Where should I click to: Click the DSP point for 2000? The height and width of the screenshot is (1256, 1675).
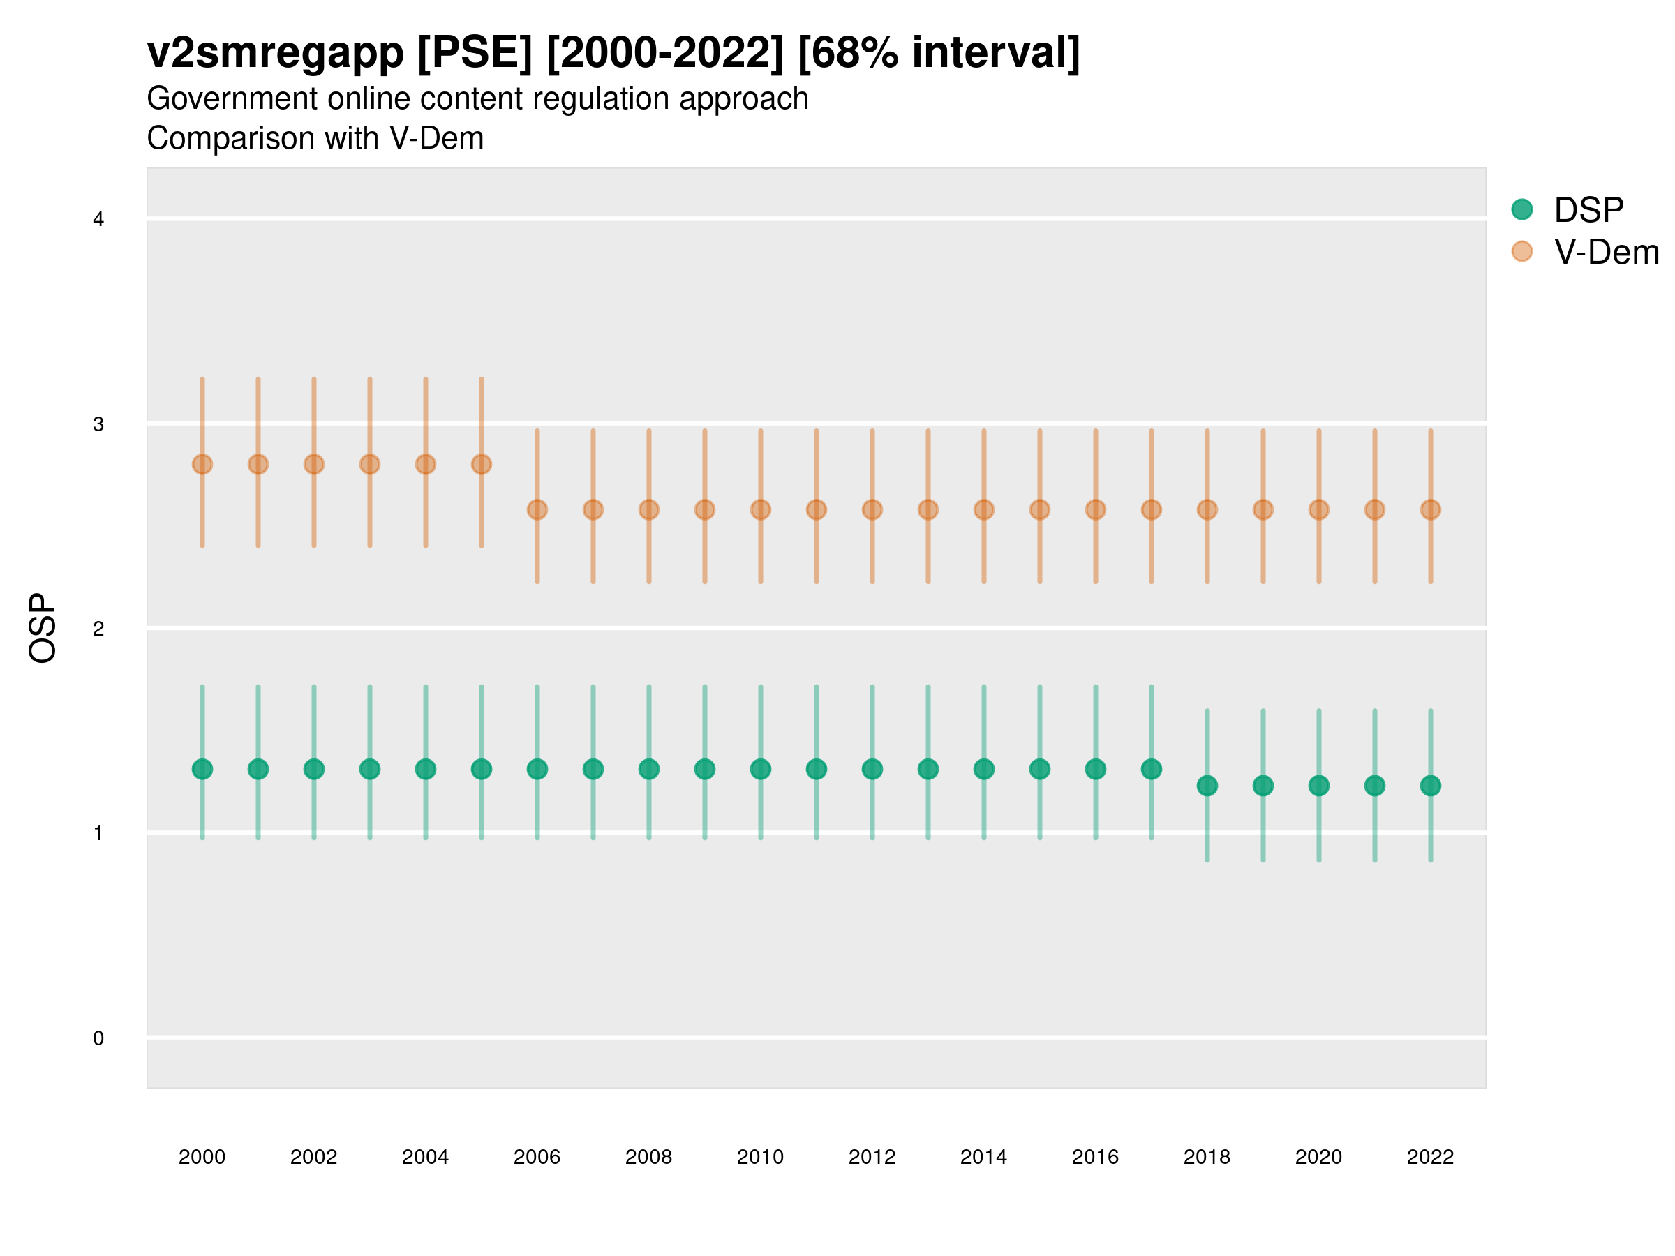coord(202,769)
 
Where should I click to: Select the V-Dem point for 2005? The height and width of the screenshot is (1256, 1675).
coord(482,464)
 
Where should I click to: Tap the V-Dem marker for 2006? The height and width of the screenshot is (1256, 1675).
coord(537,509)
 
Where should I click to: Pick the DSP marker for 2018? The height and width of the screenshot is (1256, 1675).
coord(1207,786)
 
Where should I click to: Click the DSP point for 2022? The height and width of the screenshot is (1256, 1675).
coord(1431,786)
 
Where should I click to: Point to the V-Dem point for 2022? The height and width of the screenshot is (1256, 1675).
coord(1431,509)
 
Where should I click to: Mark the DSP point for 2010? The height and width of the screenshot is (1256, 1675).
coord(760,769)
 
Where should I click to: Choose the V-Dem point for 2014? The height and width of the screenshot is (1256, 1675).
coord(983,509)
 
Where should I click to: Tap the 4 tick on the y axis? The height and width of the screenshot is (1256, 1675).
coord(98,220)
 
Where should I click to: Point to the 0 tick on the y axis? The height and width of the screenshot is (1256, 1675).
coord(98,1038)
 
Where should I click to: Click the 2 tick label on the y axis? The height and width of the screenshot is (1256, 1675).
coord(98,629)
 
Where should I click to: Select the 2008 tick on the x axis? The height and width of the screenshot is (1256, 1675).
coord(649,1157)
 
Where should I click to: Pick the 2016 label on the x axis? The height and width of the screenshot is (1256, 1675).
coord(1095,1157)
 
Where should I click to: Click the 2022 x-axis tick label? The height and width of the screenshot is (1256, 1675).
coord(1431,1157)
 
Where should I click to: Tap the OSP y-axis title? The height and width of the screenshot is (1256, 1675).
coord(43,629)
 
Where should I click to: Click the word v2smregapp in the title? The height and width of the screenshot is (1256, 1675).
coord(276,53)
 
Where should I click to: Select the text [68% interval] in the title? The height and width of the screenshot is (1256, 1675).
coord(939,53)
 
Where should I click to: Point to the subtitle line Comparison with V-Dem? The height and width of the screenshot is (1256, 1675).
coord(315,139)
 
